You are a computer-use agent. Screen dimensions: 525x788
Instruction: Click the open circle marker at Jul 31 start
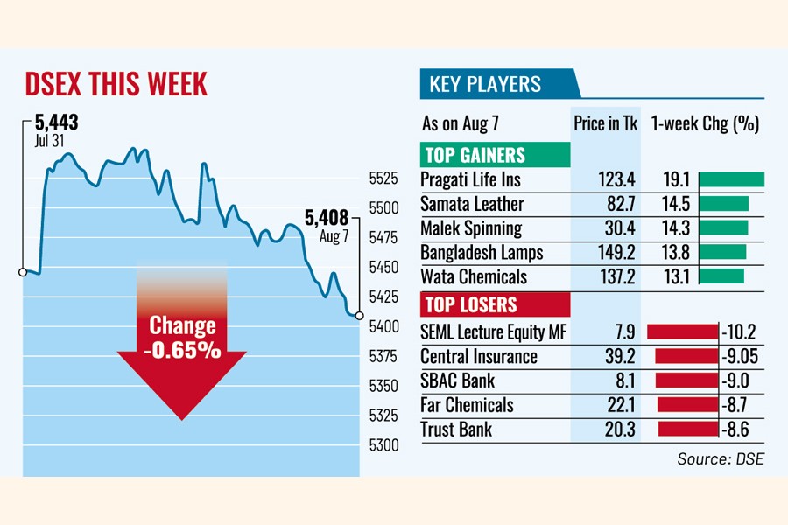(23, 272)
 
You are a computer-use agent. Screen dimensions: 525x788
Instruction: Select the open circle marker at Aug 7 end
(359, 315)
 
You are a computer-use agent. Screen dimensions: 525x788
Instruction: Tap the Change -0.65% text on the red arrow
(183, 338)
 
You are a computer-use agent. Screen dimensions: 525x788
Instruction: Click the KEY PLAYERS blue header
(485, 85)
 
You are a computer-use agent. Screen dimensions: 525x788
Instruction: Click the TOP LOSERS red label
(470, 305)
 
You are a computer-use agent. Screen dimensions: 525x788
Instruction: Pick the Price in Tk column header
(605, 123)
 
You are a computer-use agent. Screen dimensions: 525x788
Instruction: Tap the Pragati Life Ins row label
(470, 180)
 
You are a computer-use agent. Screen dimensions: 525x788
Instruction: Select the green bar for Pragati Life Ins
(732, 180)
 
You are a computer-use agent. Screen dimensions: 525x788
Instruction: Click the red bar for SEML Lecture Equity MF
(681, 332)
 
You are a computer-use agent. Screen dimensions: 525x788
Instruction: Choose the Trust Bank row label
(456, 430)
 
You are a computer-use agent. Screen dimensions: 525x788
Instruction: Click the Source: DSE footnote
(720, 458)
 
